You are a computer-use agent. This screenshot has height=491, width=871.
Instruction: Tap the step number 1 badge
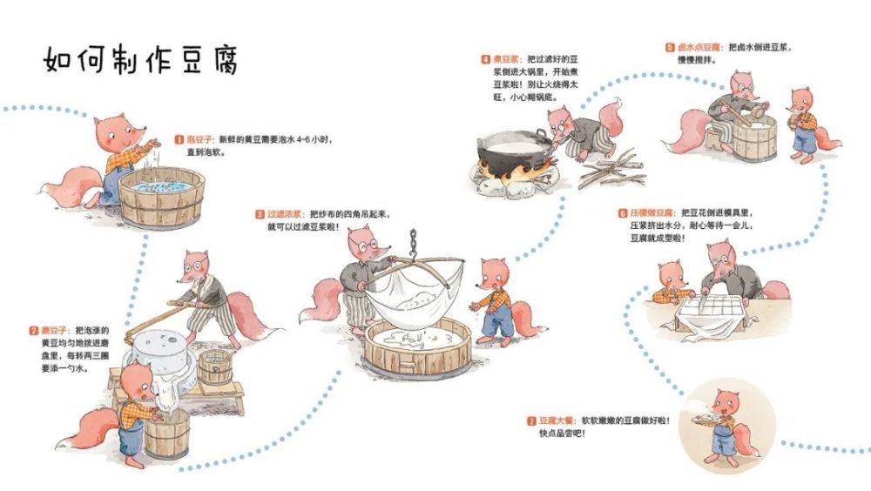[179, 139]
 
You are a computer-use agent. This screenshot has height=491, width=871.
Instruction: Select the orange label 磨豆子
[57, 331]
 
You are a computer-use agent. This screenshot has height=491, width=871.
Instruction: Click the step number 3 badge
[260, 214]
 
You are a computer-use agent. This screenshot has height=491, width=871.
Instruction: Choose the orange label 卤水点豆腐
[700, 48]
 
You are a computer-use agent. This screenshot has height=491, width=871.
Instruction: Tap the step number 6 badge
[622, 213]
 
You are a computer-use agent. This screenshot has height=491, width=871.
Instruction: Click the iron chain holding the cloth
[413, 244]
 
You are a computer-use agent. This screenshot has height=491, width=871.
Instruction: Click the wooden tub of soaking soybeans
[162, 197]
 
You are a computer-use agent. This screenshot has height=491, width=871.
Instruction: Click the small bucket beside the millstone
[215, 367]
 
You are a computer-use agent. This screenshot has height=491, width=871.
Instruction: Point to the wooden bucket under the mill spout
[166, 434]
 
